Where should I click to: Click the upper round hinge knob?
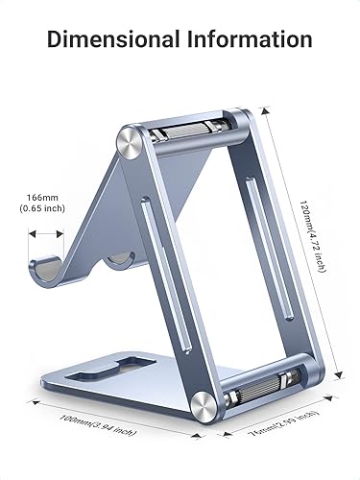point(132,142)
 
